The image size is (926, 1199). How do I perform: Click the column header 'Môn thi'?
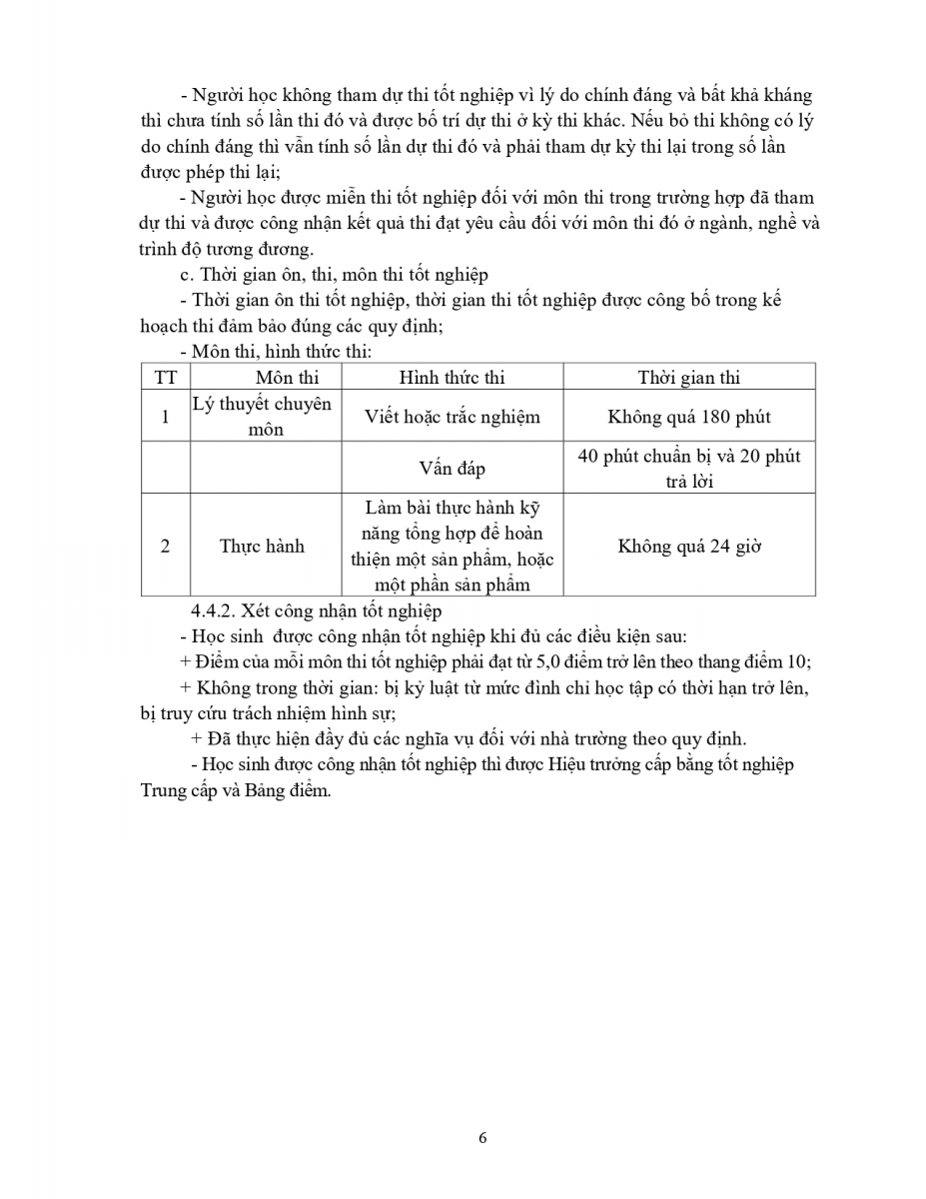pyautogui.click(x=287, y=378)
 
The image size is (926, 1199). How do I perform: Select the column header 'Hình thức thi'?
pyautogui.click(x=452, y=378)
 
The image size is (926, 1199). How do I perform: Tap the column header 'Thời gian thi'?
pyautogui.click(x=688, y=378)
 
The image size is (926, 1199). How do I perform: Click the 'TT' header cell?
pyautogui.click(x=165, y=378)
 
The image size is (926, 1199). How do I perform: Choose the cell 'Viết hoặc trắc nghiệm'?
pyautogui.click(x=452, y=417)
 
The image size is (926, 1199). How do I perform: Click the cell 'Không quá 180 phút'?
pyautogui.click(x=688, y=417)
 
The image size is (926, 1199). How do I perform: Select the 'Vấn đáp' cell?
pyautogui.click(x=452, y=469)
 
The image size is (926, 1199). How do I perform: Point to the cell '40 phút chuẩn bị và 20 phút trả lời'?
pyautogui.click(x=688, y=468)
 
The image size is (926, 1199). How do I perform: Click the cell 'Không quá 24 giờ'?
pyautogui.click(x=688, y=546)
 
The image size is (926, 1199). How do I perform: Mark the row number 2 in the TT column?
pyautogui.click(x=165, y=546)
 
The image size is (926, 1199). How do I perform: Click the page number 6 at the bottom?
pyautogui.click(x=482, y=1137)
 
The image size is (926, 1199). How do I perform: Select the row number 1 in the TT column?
pyautogui.click(x=165, y=417)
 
